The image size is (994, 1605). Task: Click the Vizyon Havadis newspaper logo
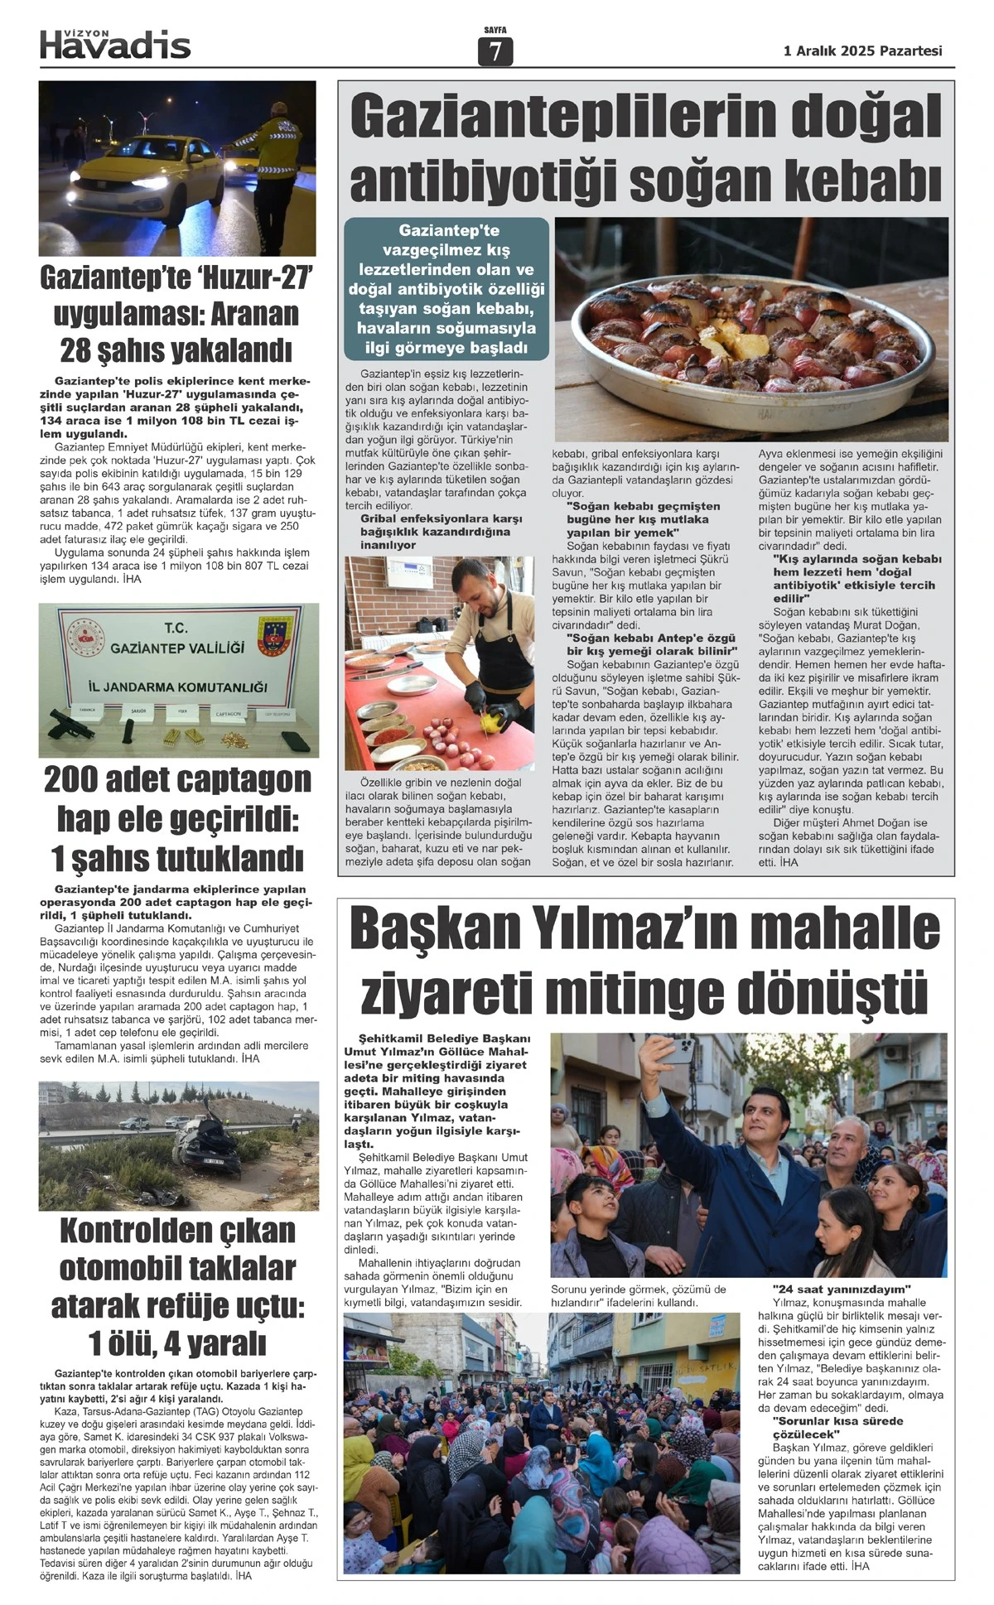115,44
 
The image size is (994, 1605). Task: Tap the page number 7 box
495,51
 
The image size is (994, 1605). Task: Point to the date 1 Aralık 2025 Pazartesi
862,51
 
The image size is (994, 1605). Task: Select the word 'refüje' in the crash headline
195,1305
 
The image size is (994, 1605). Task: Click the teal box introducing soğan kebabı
446,289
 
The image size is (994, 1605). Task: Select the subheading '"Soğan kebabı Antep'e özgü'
643,639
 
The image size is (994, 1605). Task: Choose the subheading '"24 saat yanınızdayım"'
841,1289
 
